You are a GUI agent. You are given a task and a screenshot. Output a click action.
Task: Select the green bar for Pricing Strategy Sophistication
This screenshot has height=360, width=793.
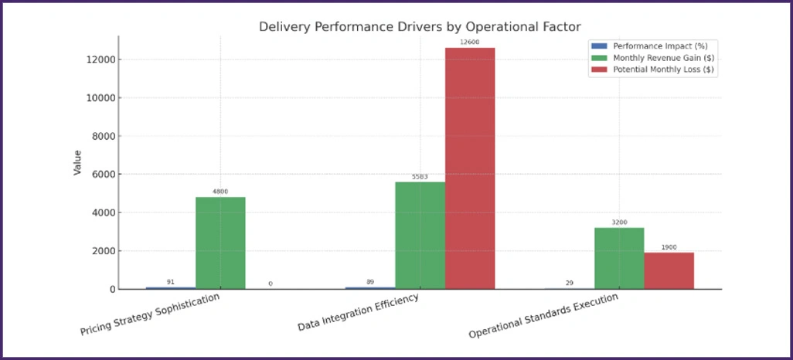point(220,243)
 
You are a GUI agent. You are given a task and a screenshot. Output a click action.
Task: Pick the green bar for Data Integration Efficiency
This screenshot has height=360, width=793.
point(420,235)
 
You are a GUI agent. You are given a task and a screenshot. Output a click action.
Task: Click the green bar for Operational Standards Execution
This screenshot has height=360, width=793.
point(619,258)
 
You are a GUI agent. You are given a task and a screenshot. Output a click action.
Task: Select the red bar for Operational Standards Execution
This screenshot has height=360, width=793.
point(669,270)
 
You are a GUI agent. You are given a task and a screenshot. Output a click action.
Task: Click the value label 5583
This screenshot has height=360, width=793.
point(420,176)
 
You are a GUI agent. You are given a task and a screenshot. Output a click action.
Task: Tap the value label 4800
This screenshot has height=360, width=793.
point(220,191)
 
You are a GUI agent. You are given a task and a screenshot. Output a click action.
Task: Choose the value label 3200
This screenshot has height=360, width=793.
point(619,222)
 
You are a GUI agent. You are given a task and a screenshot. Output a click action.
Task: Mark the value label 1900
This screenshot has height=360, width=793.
point(669,246)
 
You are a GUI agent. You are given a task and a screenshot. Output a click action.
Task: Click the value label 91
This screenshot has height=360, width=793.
point(171,281)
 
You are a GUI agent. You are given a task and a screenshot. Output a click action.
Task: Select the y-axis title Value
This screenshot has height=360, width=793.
point(77,162)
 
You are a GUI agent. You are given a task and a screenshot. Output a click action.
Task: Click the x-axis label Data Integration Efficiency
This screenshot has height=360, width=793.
point(358,312)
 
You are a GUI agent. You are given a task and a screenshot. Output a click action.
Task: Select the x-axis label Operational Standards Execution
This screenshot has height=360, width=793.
point(543,317)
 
